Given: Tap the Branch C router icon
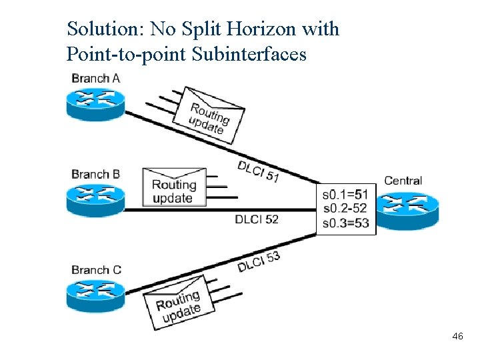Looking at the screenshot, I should tap(95, 294).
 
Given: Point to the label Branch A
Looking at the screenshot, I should tap(95, 79).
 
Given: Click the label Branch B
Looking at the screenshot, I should tap(95, 175).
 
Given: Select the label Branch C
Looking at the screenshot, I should tap(96, 270).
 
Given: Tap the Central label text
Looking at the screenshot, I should tap(403, 181).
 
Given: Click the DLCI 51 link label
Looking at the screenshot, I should tap(259, 171).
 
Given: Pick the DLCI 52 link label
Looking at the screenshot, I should tap(257, 219).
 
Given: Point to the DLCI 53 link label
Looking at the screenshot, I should tap(259, 261).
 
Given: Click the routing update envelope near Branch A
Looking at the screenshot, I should tap(208, 115).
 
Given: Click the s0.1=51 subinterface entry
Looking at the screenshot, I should tap(345, 195).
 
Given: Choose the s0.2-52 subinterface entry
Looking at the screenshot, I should tap(345, 209).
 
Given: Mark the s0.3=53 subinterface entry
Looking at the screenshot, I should tap(345, 223).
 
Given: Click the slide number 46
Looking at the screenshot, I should tap(457, 337).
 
